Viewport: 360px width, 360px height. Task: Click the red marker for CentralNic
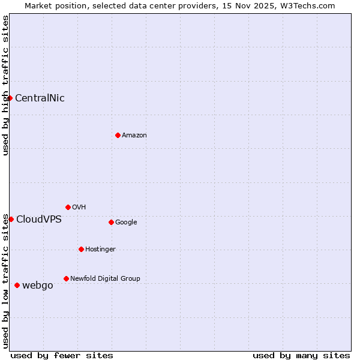point(10,98)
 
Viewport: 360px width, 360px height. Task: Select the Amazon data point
point(118,135)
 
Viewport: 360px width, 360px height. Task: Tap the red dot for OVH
point(68,207)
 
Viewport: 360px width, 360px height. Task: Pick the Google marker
point(111,222)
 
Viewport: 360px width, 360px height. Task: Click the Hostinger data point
point(81,249)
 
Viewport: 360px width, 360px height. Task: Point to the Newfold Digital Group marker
point(66,278)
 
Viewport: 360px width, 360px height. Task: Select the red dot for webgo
point(17,285)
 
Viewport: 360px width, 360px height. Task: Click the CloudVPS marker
point(11,219)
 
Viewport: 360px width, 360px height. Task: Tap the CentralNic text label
point(40,98)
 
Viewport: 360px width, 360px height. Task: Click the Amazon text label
point(134,136)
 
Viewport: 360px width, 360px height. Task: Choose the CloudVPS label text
point(39,220)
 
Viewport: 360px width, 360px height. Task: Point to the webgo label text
point(38,286)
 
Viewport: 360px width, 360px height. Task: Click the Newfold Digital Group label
point(105,278)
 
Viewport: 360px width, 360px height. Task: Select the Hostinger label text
point(100,249)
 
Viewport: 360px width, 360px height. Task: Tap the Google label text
point(126,222)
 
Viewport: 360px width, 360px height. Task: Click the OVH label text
point(79,207)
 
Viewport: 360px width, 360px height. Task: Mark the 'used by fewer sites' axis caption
point(62,355)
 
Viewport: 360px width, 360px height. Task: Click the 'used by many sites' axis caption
point(301,355)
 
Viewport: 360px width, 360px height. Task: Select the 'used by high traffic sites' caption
point(5,85)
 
